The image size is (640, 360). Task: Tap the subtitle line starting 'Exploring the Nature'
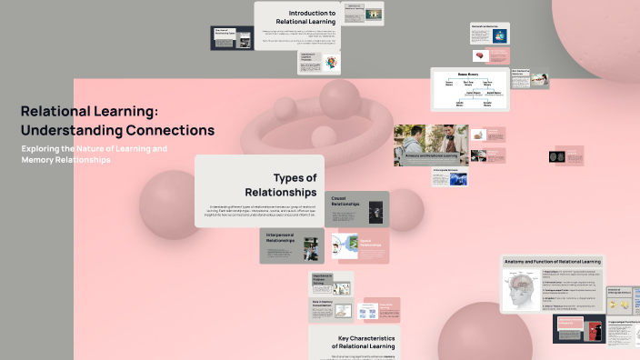coord(95,148)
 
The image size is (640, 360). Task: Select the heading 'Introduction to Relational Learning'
coord(312,17)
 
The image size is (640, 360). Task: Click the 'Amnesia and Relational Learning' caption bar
coord(431,156)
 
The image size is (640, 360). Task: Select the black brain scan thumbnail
coord(555,156)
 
